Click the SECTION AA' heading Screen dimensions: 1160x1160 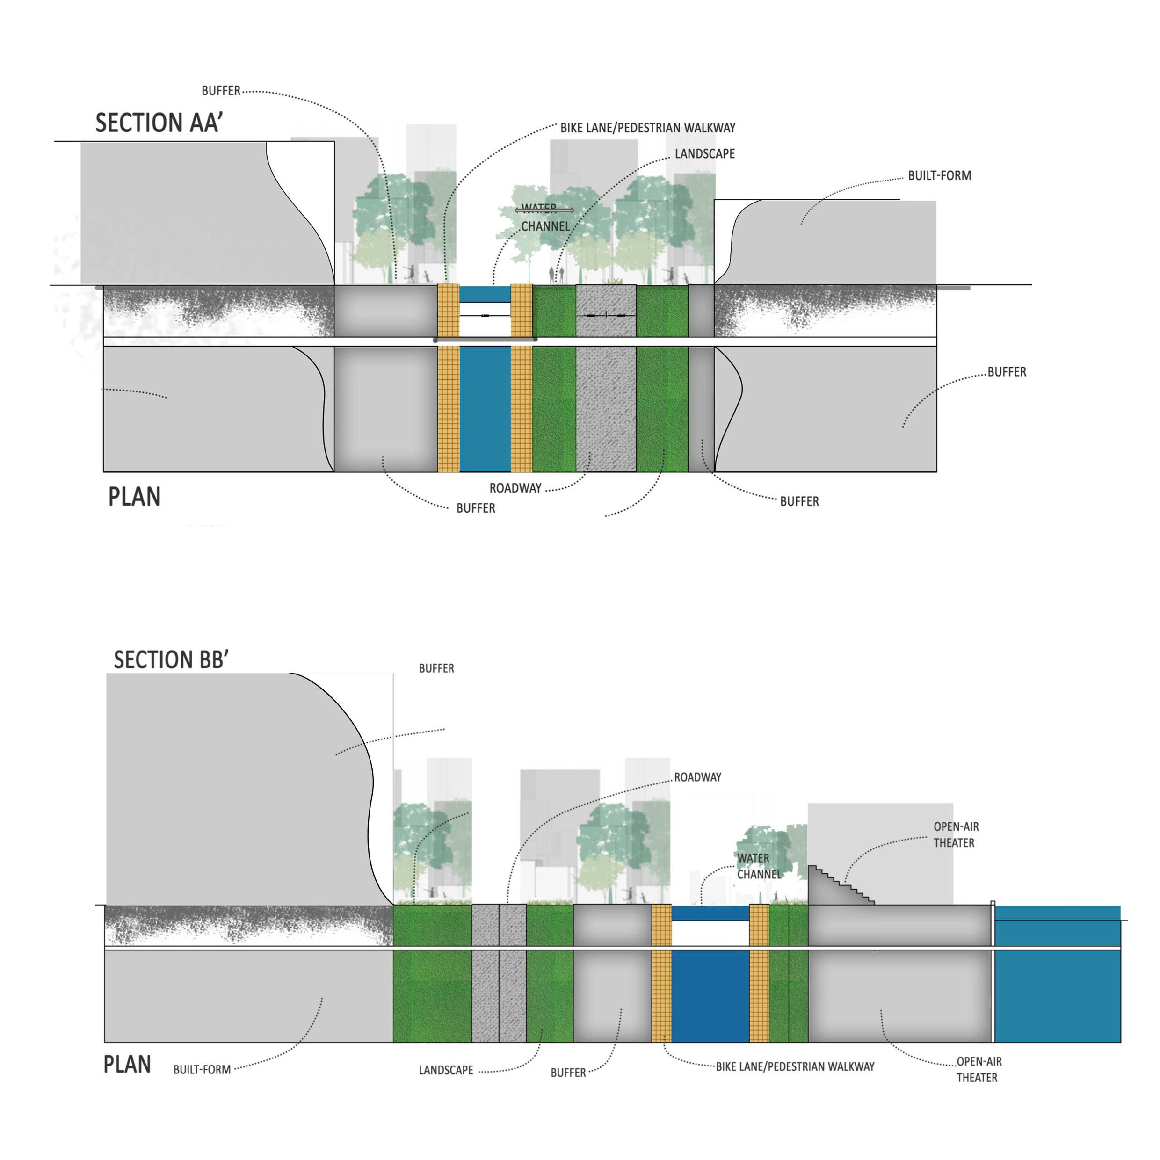click(x=159, y=123)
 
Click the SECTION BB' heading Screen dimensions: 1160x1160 click(x=171, y=660)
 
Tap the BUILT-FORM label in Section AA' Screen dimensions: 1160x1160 click(x=939, y=176)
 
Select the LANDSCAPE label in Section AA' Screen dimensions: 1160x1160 click(x=704, y=154)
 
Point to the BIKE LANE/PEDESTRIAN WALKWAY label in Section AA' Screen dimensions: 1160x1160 click(x=647, y=128)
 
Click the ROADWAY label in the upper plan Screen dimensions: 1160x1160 click(x=515, y=488)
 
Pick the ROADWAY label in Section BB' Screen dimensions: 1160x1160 click(x=697, y=777)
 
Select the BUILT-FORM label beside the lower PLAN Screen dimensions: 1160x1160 click(x=202, y=1069)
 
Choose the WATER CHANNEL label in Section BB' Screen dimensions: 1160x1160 click(x=758, y=866)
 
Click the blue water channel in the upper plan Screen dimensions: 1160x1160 click(x=485, y=408)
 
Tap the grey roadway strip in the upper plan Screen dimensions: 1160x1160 click(x=606, y=408)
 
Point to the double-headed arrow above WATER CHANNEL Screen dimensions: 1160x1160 click(x=544, y=210)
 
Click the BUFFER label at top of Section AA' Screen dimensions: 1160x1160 click(x=220, y=91)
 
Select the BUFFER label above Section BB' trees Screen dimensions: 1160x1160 click(x=436, y=668)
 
